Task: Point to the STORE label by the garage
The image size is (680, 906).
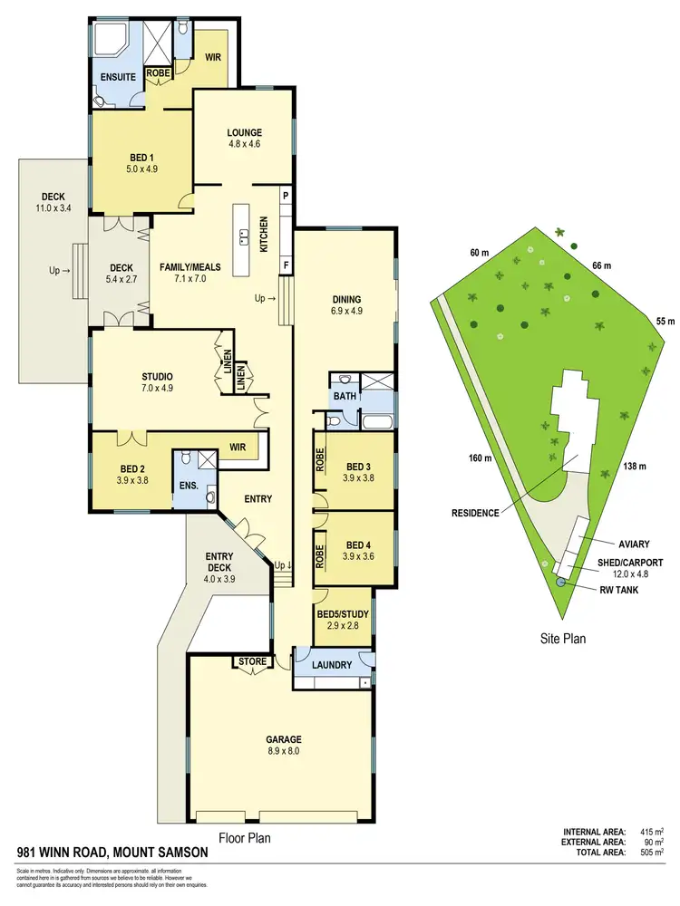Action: [253, 662]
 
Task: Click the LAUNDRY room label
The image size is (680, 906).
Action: [331, 665]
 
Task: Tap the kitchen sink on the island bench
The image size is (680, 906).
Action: [244, 237]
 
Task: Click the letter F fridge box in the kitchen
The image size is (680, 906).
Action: [285, 265]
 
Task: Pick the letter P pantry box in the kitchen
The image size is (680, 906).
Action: [285, 196]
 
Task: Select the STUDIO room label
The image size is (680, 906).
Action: [157, 376]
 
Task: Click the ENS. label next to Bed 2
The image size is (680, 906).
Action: [188, 486]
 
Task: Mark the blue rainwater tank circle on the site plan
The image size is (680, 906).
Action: [561, 582]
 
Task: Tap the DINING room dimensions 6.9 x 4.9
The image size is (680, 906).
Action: [347, 311]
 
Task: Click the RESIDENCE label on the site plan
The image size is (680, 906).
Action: [475, 513]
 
